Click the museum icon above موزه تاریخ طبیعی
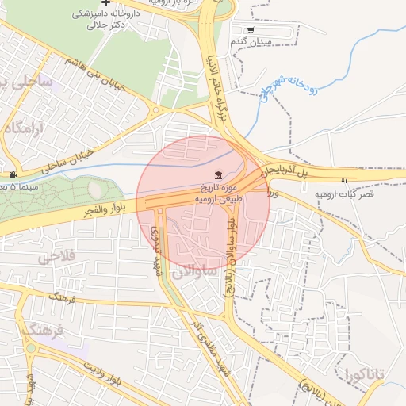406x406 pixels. tap(218, 175)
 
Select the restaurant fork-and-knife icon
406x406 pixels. tap(343, 182)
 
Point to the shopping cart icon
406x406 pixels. tap(251, 30)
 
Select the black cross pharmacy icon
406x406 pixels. tap(106, 3)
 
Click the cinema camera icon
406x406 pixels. tap(12, 174)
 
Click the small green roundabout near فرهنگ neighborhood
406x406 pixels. tap(31, 347)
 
